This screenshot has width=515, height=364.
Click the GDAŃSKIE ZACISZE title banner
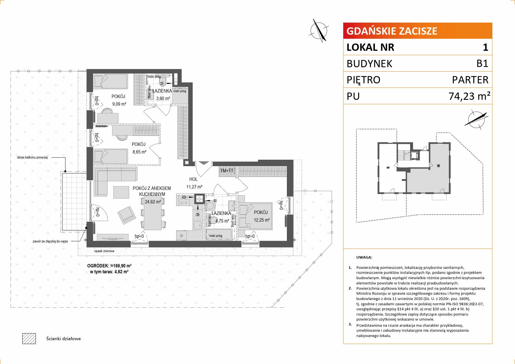coord(418,31)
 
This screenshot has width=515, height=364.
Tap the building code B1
coord(482,63)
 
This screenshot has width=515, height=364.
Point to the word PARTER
coord(470,80)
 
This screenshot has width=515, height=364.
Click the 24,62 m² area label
coord(153,202)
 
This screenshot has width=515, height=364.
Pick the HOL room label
coord(193,179)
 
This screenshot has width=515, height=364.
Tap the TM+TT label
coord(226,171)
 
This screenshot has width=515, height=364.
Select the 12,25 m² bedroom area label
coord(262,220)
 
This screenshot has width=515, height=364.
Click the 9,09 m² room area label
coord(119,104)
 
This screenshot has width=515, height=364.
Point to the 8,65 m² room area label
coord(139,152)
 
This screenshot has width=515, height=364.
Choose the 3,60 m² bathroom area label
coord(163,99)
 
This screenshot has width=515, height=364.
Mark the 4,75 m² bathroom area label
coord(222,221)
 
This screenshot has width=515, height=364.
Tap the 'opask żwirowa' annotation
coord(104,251)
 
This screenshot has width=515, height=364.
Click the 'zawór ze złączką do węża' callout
coord(50,241)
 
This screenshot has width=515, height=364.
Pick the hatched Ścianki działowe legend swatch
coord(29,338)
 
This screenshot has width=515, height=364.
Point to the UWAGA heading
coord(364,257)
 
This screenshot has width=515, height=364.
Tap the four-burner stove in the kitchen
coord(200,199)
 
